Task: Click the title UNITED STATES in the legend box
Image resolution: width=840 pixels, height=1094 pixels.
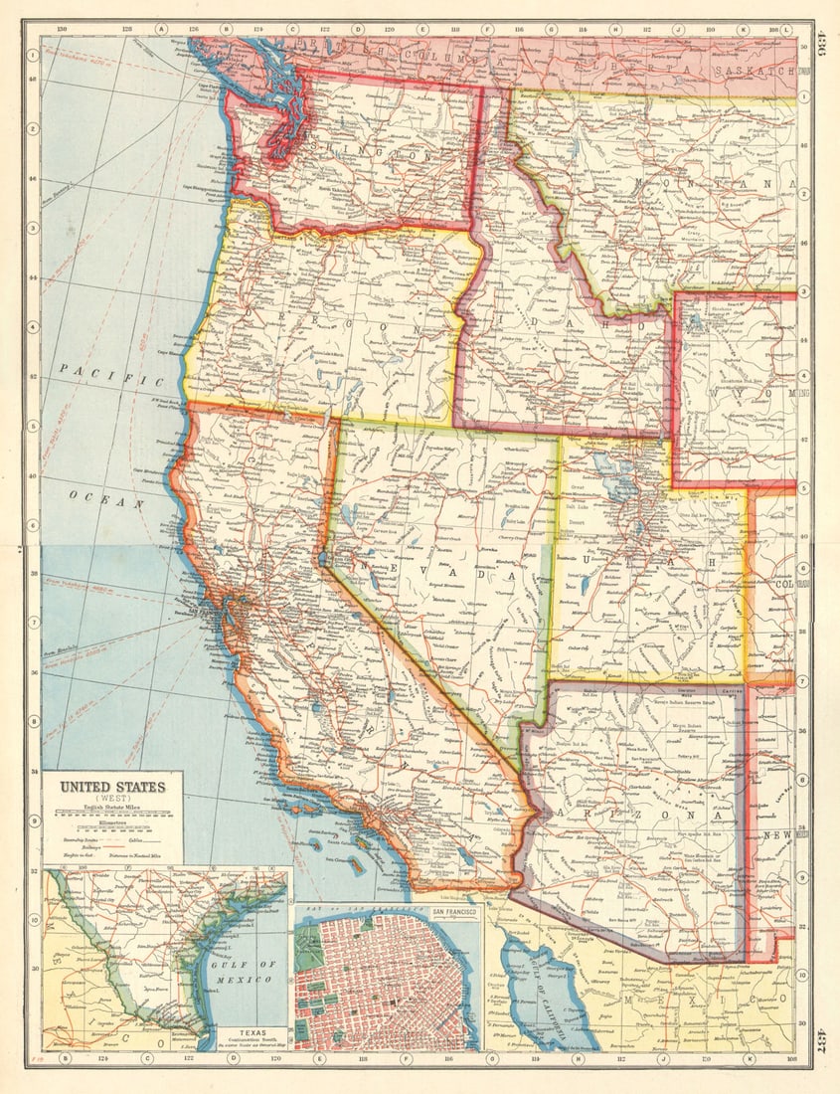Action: [x=112, y=787]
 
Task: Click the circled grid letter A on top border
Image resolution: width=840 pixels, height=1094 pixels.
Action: [x=161, y=30]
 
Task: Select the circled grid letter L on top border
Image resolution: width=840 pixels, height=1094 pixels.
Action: [x=785, y=30]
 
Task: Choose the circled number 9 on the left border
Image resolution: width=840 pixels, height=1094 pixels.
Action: [x=33, y=820]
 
